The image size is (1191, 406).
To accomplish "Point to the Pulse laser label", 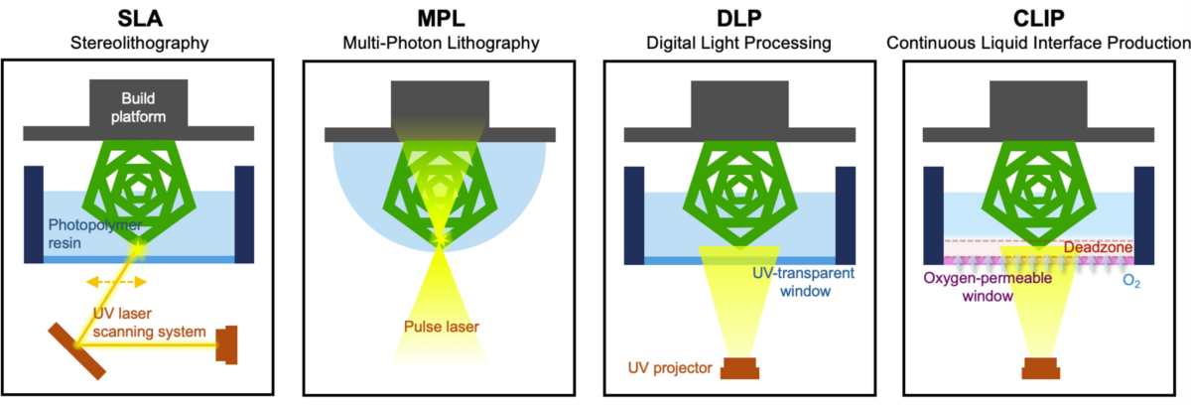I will tap(439, 325).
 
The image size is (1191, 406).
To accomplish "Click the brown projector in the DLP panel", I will tap(738, 368).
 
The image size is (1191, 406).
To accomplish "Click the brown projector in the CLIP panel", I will tap(1038, 368).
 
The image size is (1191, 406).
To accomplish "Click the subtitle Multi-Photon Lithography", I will tap(438, 43).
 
